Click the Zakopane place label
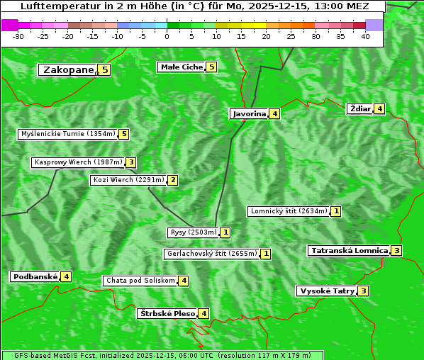[x=68, y=69]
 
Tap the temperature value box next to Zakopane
[x=105, y=69]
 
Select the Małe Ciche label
[x=182, y=67]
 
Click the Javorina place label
[x=249, y=113]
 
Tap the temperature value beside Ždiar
[x=380, y=108]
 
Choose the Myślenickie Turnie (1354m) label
[x=67, y=134]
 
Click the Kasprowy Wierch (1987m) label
[x=78, y=162]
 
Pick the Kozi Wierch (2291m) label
[x=128, y=180]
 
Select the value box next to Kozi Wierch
[x=172, y=180]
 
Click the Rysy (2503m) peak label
[x=193, y=232]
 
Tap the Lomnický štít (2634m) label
[x=289, y=211]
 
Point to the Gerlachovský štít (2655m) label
[x=211, y=254]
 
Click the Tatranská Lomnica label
[x=349, y=250]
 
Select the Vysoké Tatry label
[x=326, y=291]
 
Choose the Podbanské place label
[x=35, y=276]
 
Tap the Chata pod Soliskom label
[x=140, y=281]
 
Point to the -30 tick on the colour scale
[x=18, y=36]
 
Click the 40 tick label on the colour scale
[x=365, y=36]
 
